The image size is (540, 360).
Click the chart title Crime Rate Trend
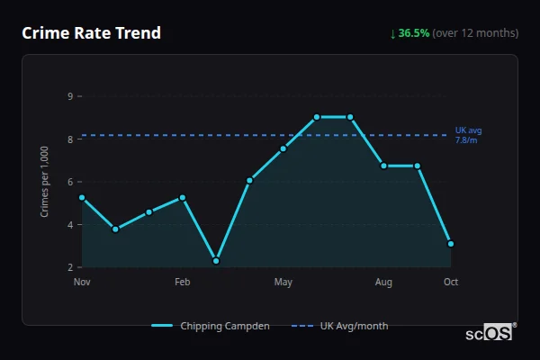point(92,33)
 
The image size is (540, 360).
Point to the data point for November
point(82,197)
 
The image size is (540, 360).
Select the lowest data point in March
point(216,261)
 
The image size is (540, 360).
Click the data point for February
point(183,197)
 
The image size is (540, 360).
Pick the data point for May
point(283,148)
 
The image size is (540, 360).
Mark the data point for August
point(383,166)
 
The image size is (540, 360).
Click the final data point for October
point(451,244)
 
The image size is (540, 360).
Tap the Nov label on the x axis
point(82,283)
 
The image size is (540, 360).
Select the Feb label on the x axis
point(183,283)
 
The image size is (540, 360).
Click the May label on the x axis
point(283,283)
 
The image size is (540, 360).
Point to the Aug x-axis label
point(383,283)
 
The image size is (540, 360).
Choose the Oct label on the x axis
point(451,283)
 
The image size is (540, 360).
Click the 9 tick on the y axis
point(69,95)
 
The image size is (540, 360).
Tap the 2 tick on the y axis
point(69,267)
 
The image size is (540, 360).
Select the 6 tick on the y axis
point(69,181)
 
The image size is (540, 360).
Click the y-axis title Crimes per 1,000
point(45,182)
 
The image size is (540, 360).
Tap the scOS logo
point(490,333)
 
